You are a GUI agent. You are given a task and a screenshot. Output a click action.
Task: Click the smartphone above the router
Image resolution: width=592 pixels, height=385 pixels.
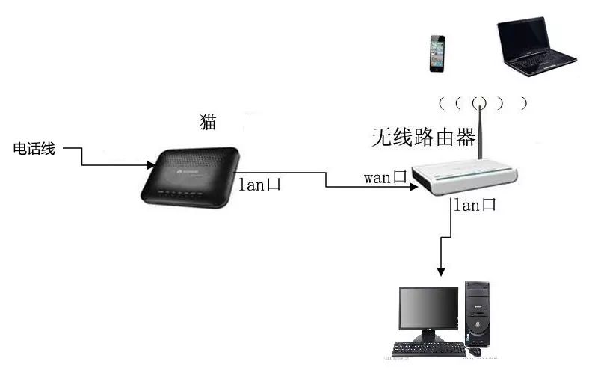pyautogui.click(x=437, y=52)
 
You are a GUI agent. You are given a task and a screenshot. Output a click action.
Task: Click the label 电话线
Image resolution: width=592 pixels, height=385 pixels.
pyautogui.click(x=34, y=149)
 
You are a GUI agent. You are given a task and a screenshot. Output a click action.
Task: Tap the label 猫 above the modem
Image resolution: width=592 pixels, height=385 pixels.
pyautogui.click(x=209, y=122)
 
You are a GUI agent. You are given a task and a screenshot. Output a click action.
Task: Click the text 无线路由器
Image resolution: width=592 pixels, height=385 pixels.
pyautogui.click(x=424, y=137)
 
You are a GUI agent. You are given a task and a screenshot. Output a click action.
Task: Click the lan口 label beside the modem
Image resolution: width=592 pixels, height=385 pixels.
pyautogui.click(x=259, y=185)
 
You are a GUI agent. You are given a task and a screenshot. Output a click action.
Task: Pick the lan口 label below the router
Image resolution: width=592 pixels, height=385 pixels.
pyautogui.click(x=475, y=205)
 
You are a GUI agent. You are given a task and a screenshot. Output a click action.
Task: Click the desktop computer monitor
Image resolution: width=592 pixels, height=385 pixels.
pyautogui.click(x=428, y=310)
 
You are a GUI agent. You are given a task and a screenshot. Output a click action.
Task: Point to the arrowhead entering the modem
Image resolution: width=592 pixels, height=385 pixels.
pyautogui.click(x=152, y=164)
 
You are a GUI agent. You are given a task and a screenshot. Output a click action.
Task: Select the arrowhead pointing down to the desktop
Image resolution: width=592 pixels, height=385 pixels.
pyautogui.click(x=442, y=271)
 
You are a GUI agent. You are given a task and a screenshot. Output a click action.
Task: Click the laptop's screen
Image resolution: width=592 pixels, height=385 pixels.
pyautogui.click(x=526, y=37)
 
